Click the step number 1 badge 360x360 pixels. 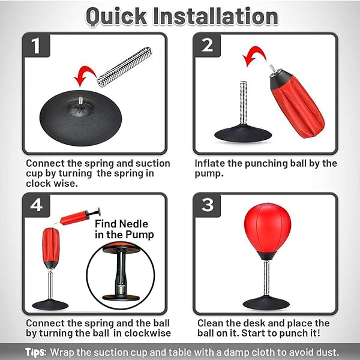[36, 45]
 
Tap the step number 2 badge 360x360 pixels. [207, 45]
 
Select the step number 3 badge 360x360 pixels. [207, 205]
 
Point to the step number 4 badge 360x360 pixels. [36, 205]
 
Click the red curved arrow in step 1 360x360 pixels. [85, 73]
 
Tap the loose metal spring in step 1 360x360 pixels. [124, 67]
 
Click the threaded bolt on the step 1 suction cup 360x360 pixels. [80, 100]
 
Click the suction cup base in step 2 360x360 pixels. [243, 134]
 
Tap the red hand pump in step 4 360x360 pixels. [77, 217]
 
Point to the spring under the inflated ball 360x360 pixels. [266, 278]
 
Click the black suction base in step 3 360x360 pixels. [266, 303]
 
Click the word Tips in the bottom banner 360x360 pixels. [36, 352]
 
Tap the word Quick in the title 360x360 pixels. [116, 17]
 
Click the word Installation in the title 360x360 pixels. [216, 16]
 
